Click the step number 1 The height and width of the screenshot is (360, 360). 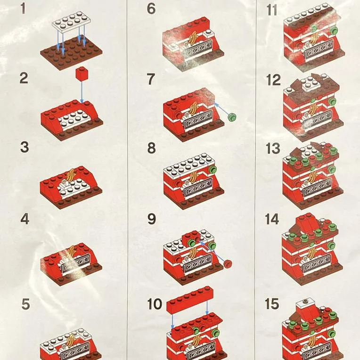tap(23, 8)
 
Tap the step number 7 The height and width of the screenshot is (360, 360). tap(151, 79)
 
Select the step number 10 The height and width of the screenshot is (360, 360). tap(155, 304)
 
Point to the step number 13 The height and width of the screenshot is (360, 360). tap(273, 148)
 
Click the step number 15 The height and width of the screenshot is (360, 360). tap(272, 303)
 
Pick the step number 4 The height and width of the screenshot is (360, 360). tap(25, 219)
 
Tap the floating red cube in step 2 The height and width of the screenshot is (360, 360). tap(82, 74)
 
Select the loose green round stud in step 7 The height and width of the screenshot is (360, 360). tap(232, 117)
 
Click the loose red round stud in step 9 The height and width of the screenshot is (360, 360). tap(228, 263)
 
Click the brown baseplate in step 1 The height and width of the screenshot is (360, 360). tap(72, 53)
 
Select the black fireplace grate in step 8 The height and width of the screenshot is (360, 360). tap(198, 187)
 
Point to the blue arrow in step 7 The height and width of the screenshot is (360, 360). tap(221, 109)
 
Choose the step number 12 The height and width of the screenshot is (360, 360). tap(273, 80)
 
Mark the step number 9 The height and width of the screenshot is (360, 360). tap(151, 219)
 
